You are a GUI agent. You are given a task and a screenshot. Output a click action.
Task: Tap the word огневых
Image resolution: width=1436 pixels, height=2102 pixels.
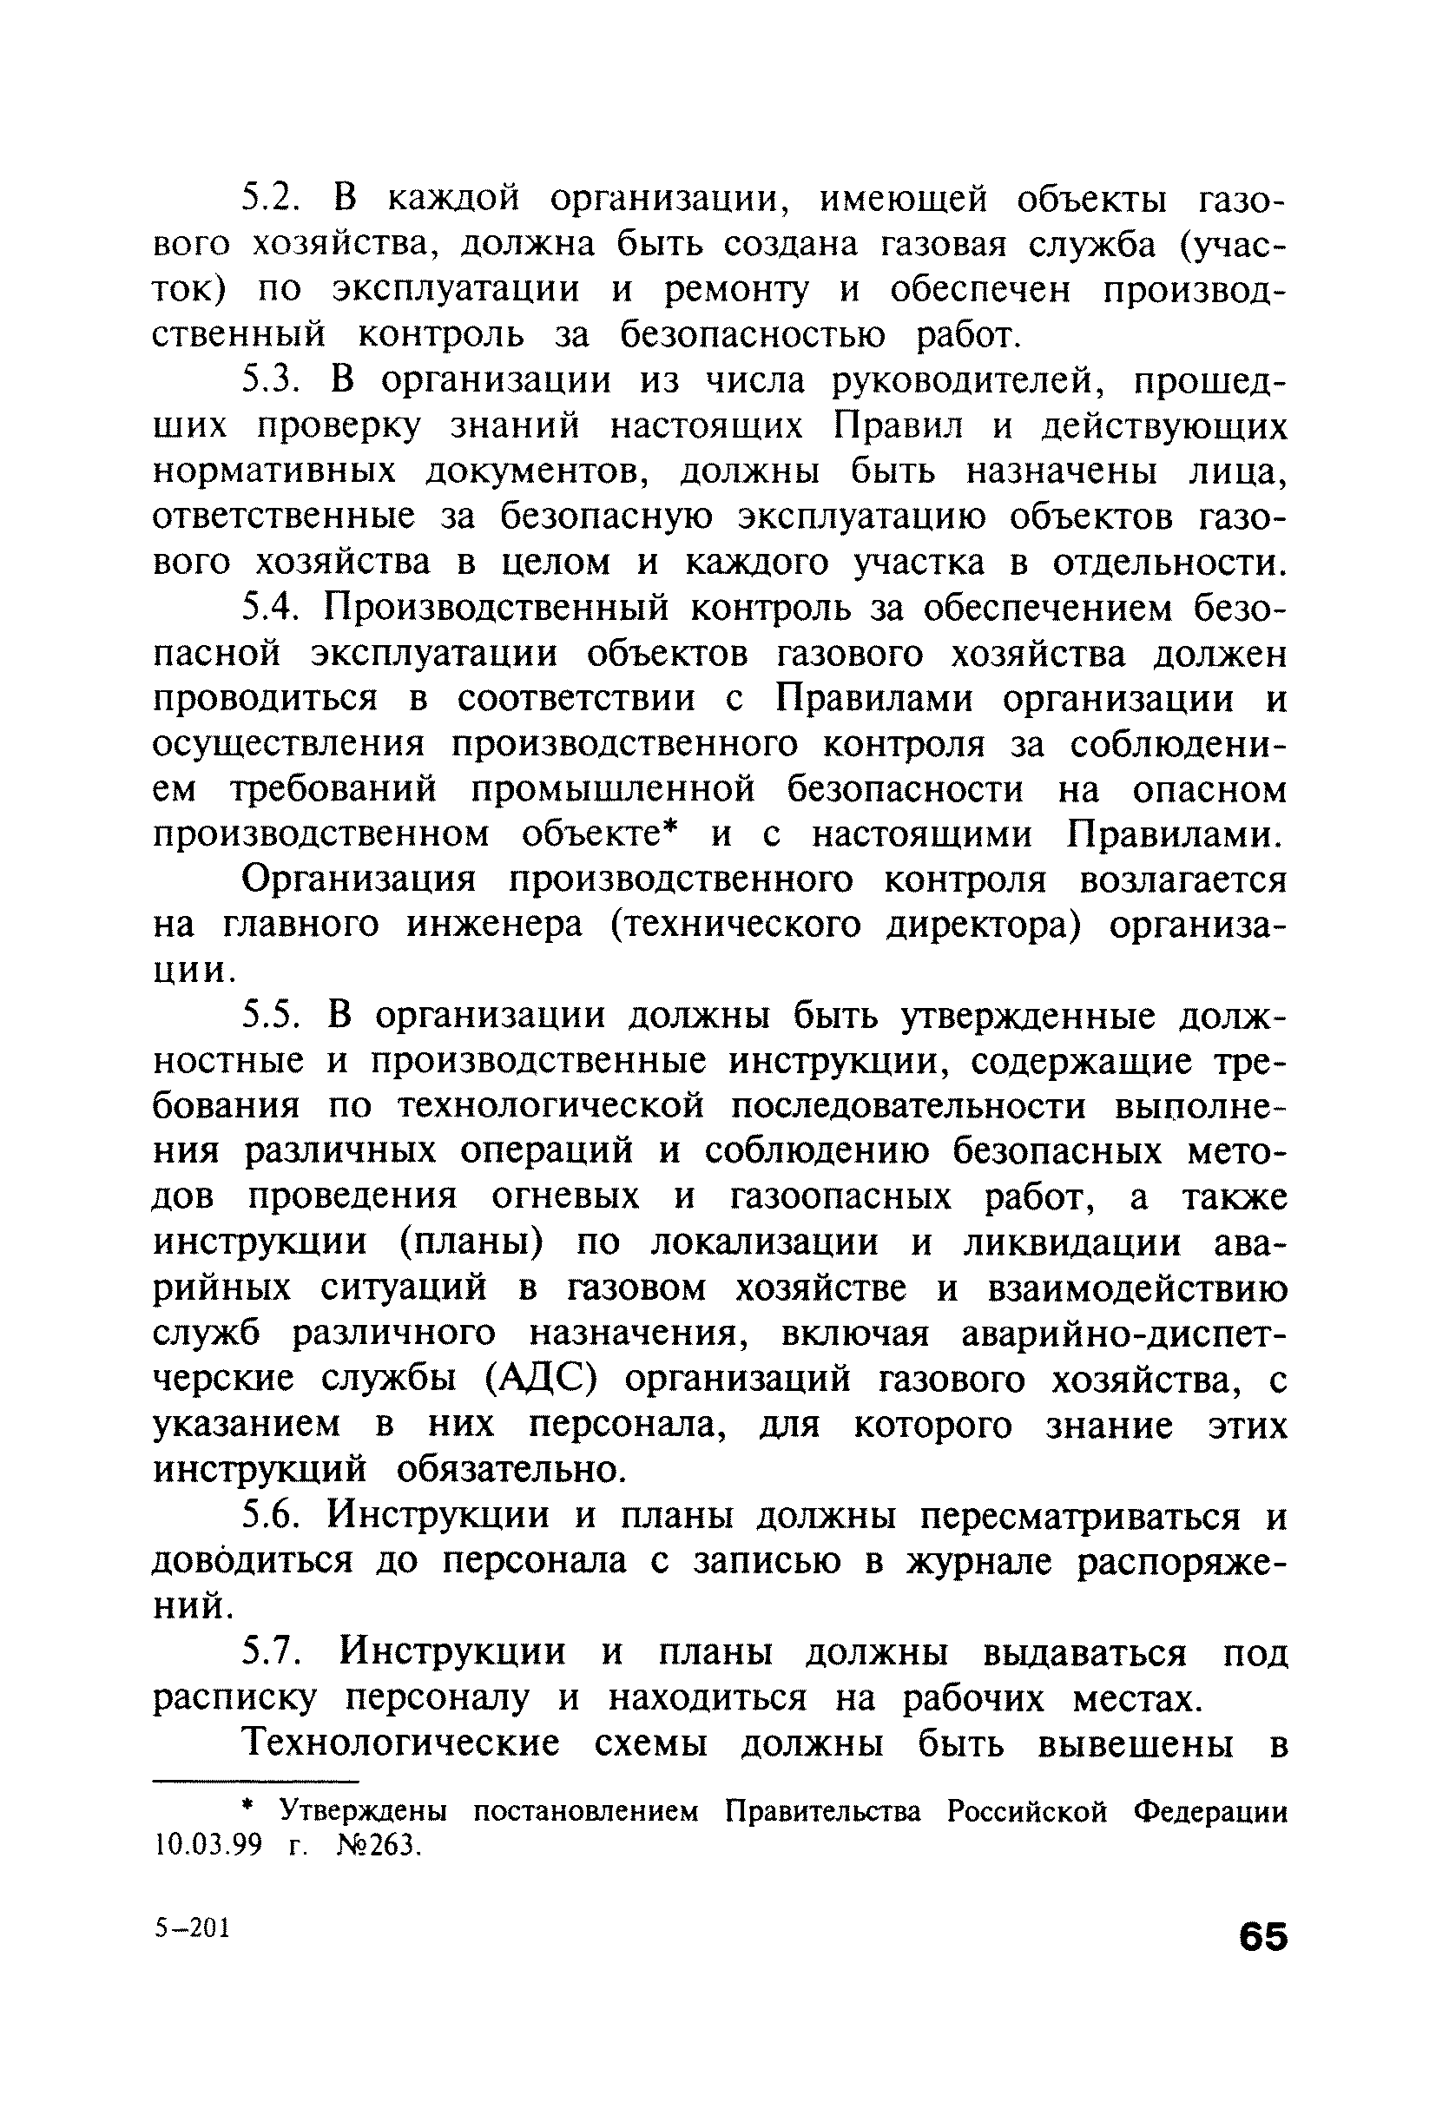(566, 1197)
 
